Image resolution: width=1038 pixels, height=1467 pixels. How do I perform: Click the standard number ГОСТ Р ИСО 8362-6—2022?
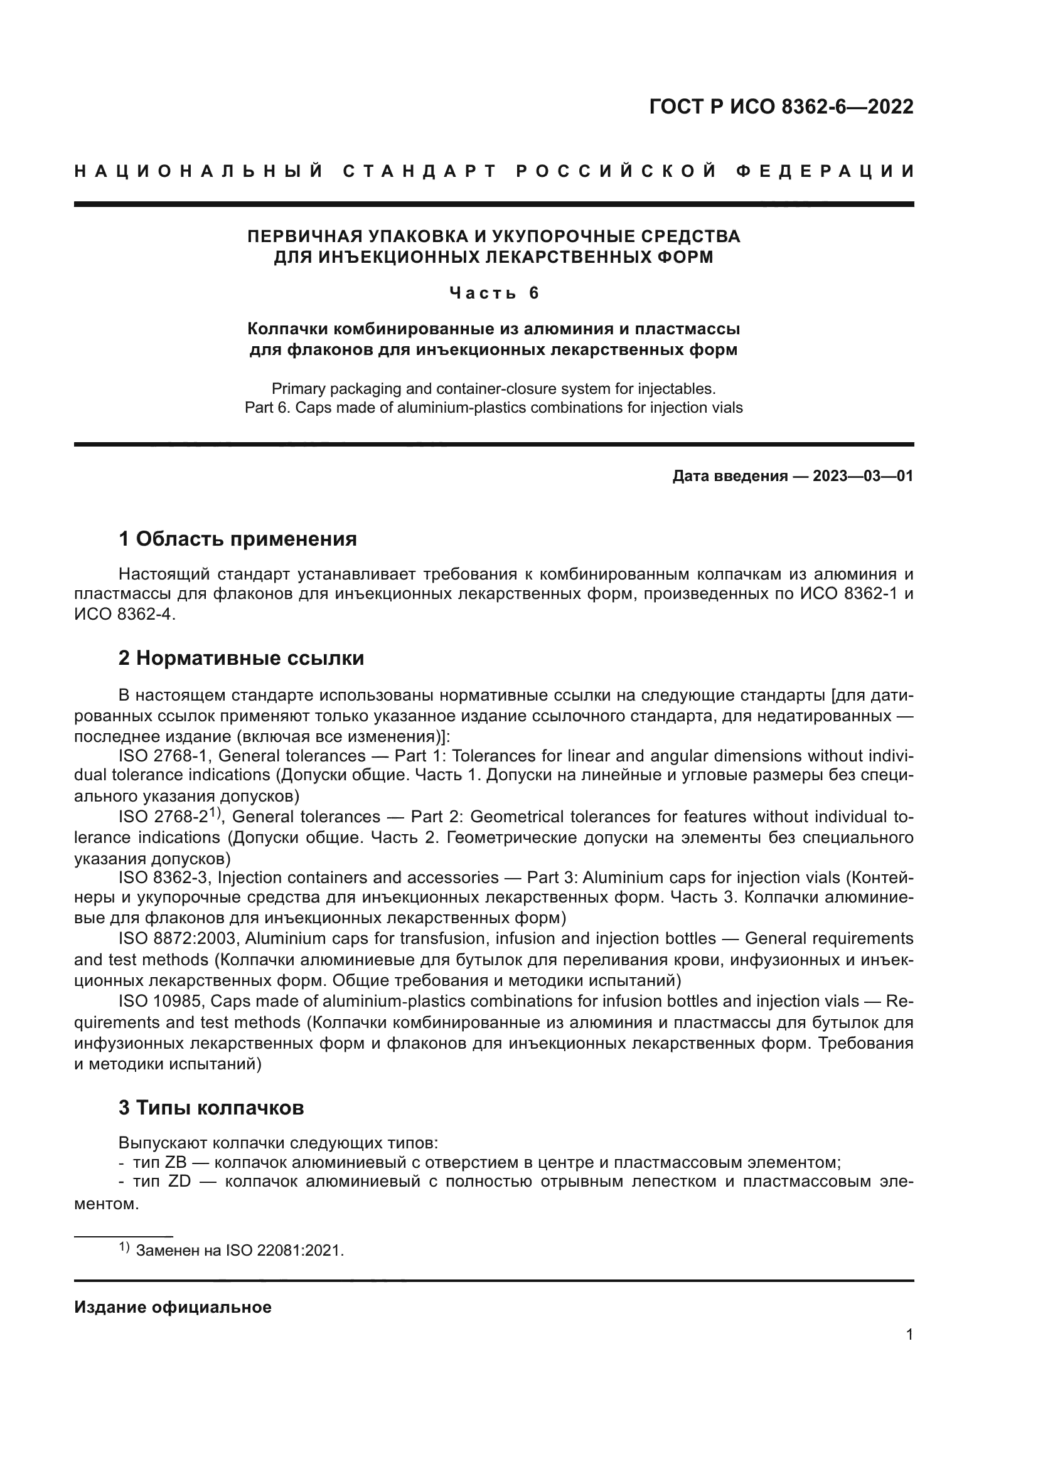point(781,107)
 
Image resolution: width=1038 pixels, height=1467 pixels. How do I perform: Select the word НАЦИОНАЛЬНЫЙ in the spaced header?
point(199,171)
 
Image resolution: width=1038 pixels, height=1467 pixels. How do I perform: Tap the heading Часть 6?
point(494,294)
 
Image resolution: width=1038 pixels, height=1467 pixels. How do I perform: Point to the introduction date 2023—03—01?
point(862,476)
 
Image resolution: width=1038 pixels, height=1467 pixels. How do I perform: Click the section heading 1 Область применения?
point(237,539)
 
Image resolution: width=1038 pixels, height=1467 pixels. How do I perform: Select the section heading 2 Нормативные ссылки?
point(241,658)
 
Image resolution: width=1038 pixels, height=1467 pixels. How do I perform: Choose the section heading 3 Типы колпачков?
point(211,1107)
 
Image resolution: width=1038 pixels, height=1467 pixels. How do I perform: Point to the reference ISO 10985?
point(160,1000)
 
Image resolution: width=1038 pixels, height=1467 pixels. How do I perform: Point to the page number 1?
point(909,1335)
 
